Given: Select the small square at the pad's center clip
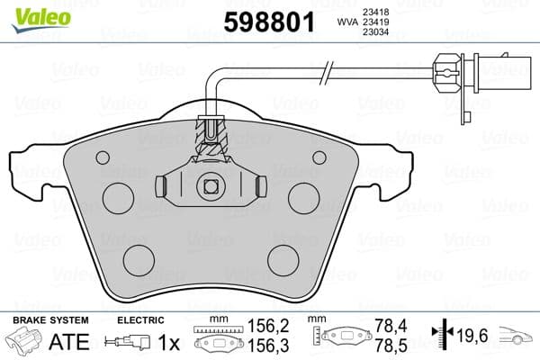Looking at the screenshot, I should pyautogui.click(x=211, y=186).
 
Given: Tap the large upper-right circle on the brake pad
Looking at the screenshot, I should pyautogui.click(x=303, y=196).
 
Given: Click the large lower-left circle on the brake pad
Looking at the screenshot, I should pyautogui.click(x=138, y=259).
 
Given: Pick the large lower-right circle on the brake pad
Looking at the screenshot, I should pyautogui.click(x=285, y=259).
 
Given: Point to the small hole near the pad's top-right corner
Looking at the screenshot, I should pyautogui.click(x=319, y=157).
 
